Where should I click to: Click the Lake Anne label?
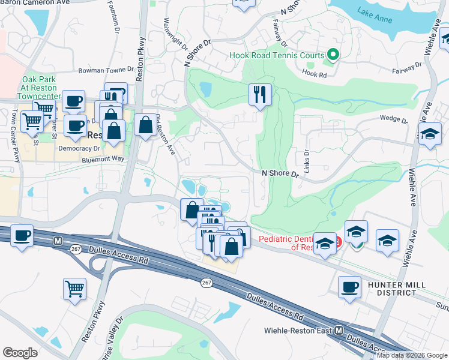point(375,15)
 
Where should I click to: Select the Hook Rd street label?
point(314,74)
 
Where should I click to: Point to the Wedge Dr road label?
point(393,119)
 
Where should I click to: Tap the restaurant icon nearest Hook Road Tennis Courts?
point(260,94)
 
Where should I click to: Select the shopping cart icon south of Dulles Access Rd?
point(74,289)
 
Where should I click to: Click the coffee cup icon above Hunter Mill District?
point(349,287)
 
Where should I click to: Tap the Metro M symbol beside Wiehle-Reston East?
point(339,331)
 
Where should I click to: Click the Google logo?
point(20,352)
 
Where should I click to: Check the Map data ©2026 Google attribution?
point(412,355)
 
